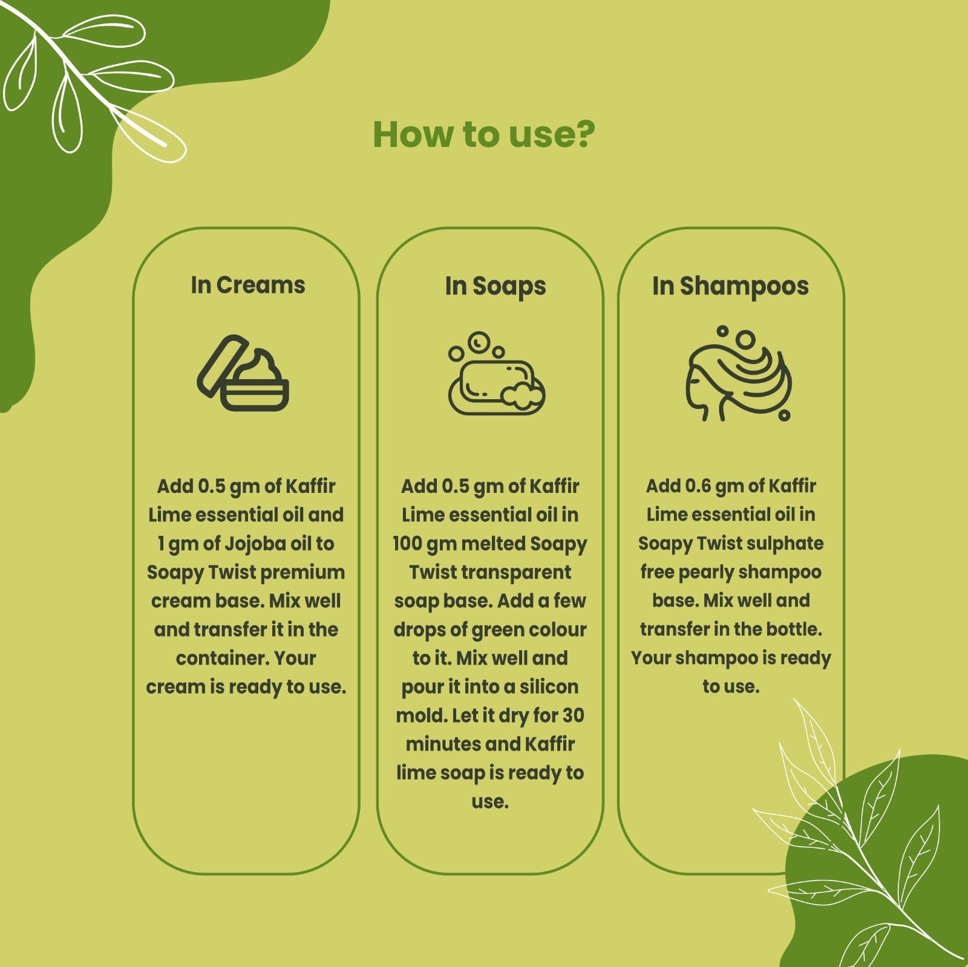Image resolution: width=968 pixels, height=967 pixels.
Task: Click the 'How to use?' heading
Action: pos(484,134)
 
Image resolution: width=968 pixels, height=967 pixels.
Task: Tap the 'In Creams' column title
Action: pos(248,285)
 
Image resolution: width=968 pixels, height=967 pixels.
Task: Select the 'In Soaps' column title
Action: pos(495,287)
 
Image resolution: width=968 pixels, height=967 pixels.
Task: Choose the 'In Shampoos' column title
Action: pos(730,287)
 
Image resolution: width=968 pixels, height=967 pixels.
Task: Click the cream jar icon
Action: pos(243,373)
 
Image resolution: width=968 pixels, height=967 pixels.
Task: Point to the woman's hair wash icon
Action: pos(738,373)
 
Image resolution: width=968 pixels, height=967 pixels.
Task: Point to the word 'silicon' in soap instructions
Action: pos(549,686)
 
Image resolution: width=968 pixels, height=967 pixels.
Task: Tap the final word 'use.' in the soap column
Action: pos(490,802)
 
